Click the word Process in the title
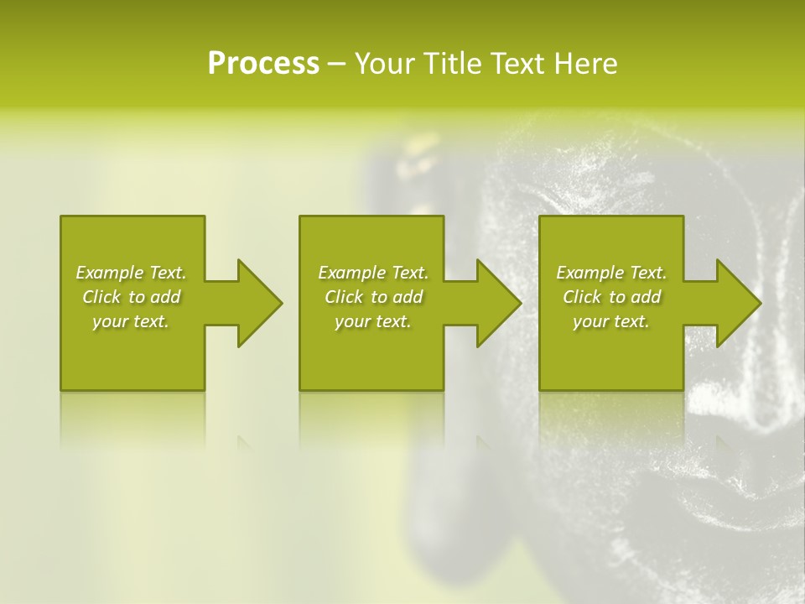(263, 64)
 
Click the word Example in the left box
(109, 273)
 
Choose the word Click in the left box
(101, 297)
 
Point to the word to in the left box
(137, 297)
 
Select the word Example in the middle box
(351, 273)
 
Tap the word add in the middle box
(408, 297)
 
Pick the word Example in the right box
(589, 273)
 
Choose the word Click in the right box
(582, 297)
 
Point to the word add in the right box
(647, 297)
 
